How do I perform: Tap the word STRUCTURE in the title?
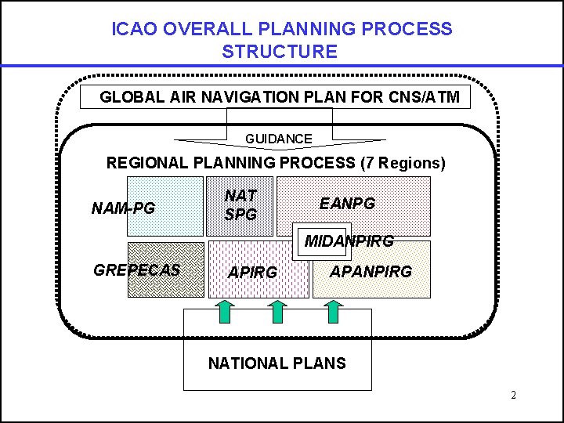click(x=280, y=52)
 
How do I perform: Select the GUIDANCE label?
click(x=279, y=139)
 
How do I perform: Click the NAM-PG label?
click(x=124, y=208)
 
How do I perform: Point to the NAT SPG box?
click(x=240, y=205)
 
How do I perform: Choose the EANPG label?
click(x=347, y=204)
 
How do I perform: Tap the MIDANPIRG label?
click(x=349, y=241)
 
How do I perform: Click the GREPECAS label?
click(x=137, y=270)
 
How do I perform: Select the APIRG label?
click(x=251, y=273)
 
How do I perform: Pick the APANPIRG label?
click(x=371, y=273)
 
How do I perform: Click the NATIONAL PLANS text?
click(x=277, y=363)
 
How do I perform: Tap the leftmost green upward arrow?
click(x=223, y=311)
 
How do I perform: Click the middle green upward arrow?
click(x=278, y=311)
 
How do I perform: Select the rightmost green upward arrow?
click(x=334, y=311)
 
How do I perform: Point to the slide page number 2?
click(x=513, y=396)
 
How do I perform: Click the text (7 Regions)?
click(x=403, y=164)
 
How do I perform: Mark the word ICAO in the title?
click(x=131, y=30)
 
